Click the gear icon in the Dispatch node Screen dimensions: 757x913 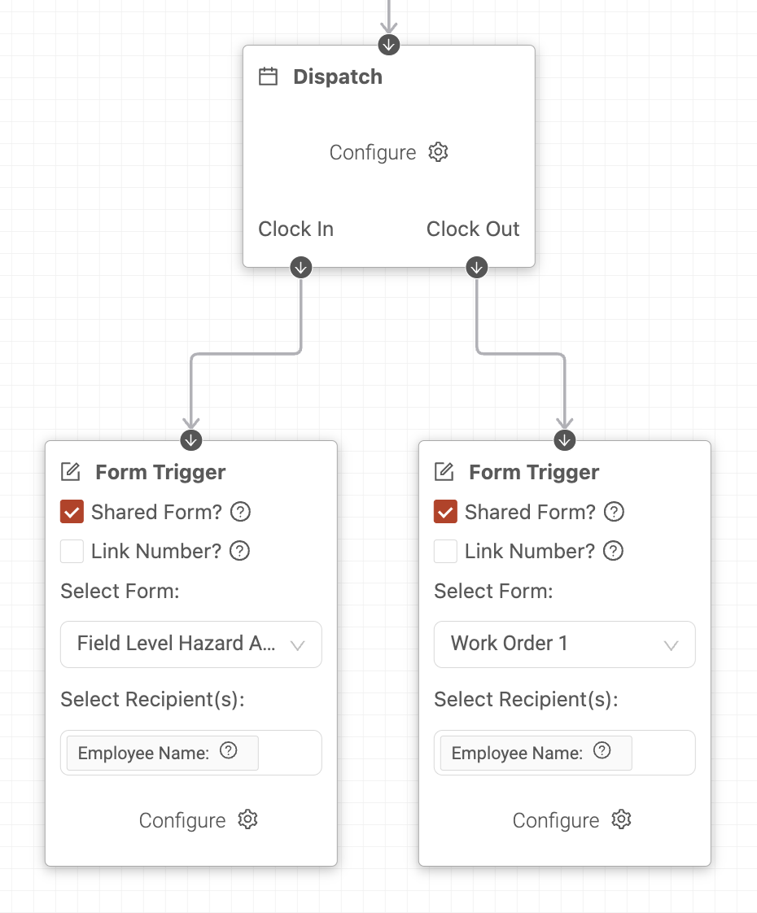438,152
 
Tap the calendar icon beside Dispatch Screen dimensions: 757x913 268,76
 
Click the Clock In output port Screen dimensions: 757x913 301,268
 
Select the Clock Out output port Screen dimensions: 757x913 477,268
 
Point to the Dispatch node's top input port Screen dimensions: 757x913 389,45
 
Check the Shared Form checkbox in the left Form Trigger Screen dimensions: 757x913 72,512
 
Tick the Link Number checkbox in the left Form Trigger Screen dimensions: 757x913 72,551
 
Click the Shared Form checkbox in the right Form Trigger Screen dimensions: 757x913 445,512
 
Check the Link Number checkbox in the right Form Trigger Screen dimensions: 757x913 445,551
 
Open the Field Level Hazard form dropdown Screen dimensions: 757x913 191,644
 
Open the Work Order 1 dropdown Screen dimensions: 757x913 564,644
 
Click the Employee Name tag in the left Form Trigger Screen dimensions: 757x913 163,753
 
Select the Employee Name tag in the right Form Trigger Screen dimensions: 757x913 536,753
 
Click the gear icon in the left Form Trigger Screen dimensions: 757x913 247,819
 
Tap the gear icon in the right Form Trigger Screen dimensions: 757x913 621,819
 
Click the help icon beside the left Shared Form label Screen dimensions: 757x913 240,512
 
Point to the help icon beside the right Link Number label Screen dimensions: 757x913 613,551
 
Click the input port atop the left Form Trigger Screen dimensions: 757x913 191,440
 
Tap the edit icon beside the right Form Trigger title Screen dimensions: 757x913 444,472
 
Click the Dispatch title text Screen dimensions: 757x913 338,76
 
